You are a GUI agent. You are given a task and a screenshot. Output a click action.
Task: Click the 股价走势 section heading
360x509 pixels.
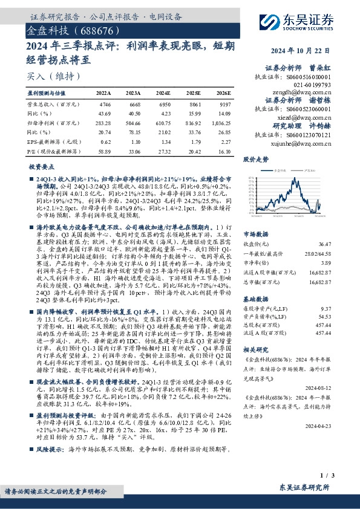[x=255, y=160]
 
